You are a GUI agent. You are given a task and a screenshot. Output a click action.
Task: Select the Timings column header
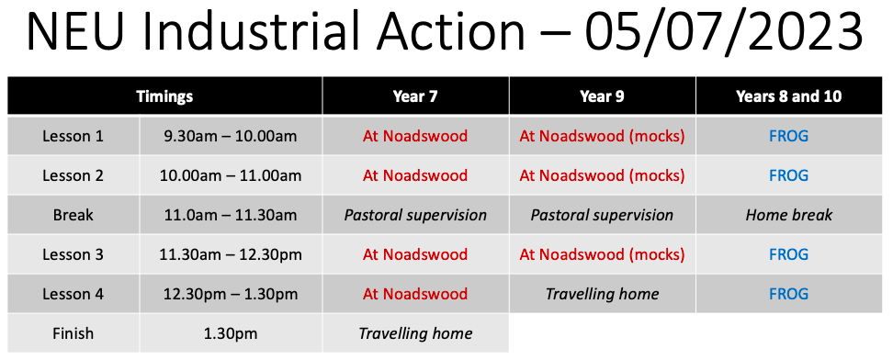pos(164,96)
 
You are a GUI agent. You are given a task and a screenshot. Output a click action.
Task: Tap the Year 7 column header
pos(415,96)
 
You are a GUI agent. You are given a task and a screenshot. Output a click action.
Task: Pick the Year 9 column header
pos(602,96)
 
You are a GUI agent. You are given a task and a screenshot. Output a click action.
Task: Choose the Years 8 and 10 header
pos(788,96)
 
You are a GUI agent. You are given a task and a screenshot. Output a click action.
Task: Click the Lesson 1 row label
pos(73,136)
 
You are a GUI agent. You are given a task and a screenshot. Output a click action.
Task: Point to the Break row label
pos(73,215)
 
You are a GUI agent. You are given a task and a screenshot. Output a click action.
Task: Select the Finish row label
pos(73,333)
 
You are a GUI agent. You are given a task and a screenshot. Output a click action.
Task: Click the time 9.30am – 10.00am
pos(231,136)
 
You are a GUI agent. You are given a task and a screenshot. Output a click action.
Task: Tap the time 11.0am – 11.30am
pos(231,215)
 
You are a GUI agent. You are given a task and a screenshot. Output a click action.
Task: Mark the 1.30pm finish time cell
pos(231,333)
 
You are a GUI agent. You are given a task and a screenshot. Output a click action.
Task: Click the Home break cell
pos(788,215)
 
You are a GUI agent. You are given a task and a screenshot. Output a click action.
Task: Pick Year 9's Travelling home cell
pos(602,294)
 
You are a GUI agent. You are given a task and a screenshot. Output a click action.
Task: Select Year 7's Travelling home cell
pos(415,333)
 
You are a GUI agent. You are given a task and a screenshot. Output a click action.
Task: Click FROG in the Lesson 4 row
pos(788,294)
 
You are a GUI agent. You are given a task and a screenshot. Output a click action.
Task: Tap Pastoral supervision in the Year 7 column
pos(415,215)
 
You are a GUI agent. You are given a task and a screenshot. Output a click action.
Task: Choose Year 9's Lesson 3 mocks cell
pos(602,254)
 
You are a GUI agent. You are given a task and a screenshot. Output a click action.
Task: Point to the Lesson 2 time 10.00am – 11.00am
pos(231,175)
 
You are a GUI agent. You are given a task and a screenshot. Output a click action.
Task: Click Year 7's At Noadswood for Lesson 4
pos(415,294)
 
